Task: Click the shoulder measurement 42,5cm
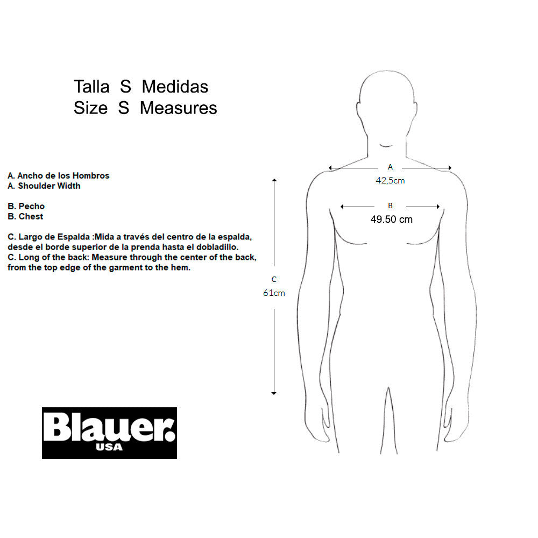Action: [x=390, y=180]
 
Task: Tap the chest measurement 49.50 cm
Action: [x=392, y=220]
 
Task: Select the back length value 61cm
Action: [x=274, y=293]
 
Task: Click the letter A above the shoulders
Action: [x=390, y=167]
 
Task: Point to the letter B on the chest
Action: [x=390, y=206]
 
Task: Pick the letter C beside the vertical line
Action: [x=274, y=279]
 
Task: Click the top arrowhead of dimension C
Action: [x=274, y=180]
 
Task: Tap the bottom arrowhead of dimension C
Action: [x=274, y=393]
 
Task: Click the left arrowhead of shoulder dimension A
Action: [x=330, y=168]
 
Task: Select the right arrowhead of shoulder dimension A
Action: [x=449, y=168]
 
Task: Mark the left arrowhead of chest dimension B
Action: [x=342, y=207]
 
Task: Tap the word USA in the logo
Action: [x=109, y=447]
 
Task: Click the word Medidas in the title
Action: [x=175, y=87]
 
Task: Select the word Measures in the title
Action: [x=179, y=108]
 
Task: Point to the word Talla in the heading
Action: [x=91, y=87]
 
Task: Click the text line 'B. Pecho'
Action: [x=26, y=206]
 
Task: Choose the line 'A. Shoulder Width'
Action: [x=44, y=186]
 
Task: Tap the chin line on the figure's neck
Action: [x=386, y=146]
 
